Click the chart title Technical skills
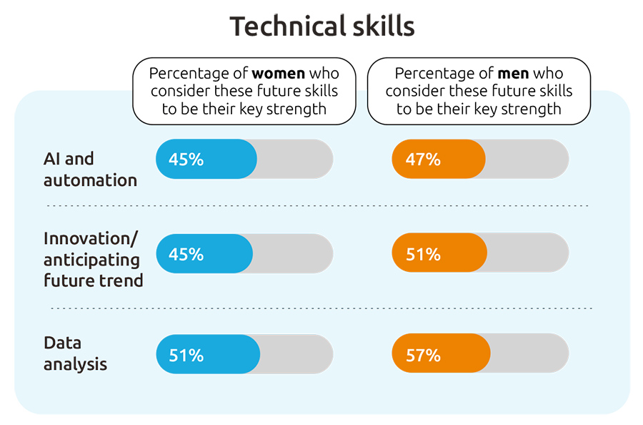pos(321,26)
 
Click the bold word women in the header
pos(279,74)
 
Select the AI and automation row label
pos(89,170)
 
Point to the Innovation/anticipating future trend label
pos(93,259)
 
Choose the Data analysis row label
pos(75,353)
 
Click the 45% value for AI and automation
pos(186,160)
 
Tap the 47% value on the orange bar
pos(423,160)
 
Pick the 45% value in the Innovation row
pos(186,254)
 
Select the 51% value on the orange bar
pos(423,254)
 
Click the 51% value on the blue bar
pos(186,355)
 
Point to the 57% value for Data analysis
pos(423,355)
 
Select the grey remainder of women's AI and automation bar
pos(294,159)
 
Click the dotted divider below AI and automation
pos(318,206)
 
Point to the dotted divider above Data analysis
pos(321,308)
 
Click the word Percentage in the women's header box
pos(183,74)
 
